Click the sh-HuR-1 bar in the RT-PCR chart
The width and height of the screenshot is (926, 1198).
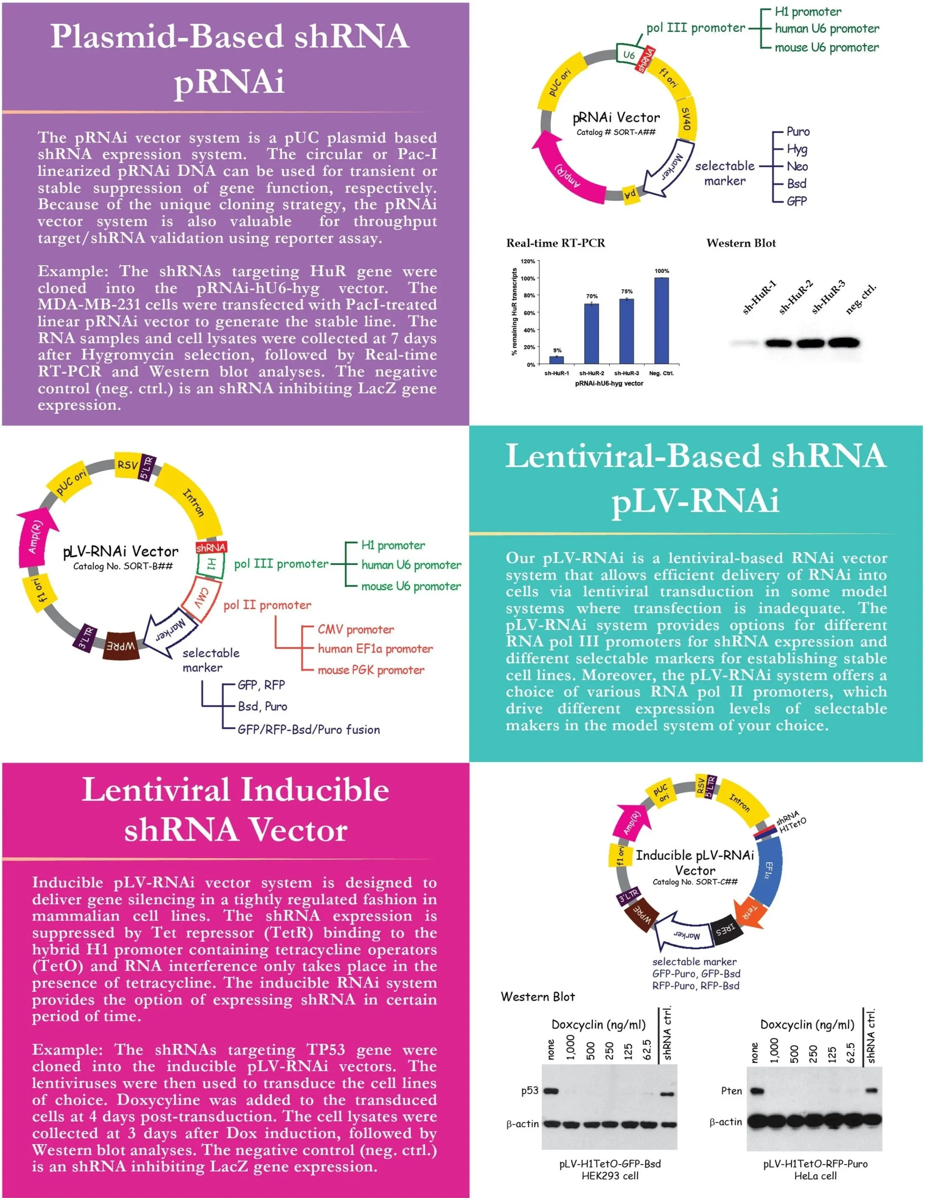(557, 360)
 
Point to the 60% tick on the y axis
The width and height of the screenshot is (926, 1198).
(529, 313)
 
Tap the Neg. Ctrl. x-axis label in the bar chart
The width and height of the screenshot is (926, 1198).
(661, 373)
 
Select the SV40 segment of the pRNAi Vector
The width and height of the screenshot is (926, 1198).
(686, 119)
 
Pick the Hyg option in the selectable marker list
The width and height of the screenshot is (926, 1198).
(797, 149)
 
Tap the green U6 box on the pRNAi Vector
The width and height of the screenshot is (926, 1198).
(629, 55)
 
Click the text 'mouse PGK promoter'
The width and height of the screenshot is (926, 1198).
(371, 670)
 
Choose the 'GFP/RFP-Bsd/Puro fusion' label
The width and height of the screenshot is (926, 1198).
(308, 729)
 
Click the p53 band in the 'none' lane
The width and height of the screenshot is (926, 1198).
(550, 1091)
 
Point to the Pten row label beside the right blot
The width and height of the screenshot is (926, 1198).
(731, 1091)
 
